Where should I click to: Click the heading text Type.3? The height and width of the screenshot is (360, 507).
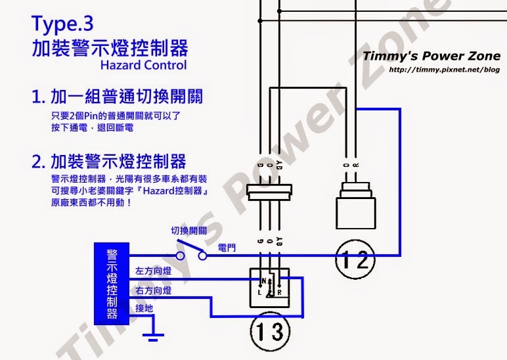coord(63,24)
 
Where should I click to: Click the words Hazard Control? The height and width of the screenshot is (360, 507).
coord(143,65)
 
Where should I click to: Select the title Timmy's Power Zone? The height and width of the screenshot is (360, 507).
coord(431,56)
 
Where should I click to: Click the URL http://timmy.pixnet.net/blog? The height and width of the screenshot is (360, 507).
coord(444,69)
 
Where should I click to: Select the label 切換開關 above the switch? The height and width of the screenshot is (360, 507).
coord(189,231)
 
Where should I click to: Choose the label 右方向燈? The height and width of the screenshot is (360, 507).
coord(153,290)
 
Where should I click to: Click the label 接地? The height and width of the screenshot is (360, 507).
coord(144,307)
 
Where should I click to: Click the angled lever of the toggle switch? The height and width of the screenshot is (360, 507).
coord(187,249)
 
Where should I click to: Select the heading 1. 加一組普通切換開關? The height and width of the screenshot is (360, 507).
coord(118,97)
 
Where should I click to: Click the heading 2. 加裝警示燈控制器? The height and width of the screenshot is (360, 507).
coord(109,161)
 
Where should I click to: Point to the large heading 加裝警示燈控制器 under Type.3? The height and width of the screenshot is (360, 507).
coord(110,48)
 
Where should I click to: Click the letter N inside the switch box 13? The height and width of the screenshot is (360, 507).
coord(261,281)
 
